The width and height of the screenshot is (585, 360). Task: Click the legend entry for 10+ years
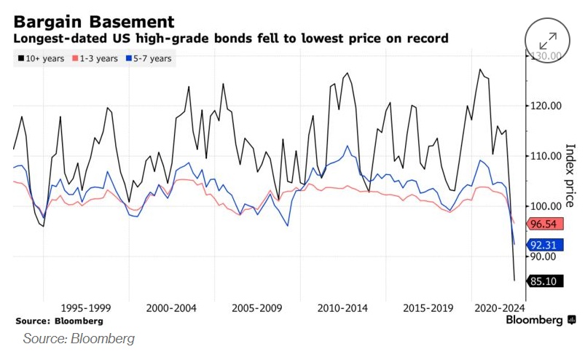pyautogui.click(x=41, y=58)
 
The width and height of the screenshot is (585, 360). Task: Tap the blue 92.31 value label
pyautogui.click(x=546, y=246)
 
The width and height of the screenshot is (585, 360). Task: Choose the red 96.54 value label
pyautogui.click(x=546, y=224)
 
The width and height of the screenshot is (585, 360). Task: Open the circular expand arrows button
pyautogui.click(x=548, y=41)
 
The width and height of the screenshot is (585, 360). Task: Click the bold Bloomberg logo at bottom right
pyautogui.click(x=540, y=320)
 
